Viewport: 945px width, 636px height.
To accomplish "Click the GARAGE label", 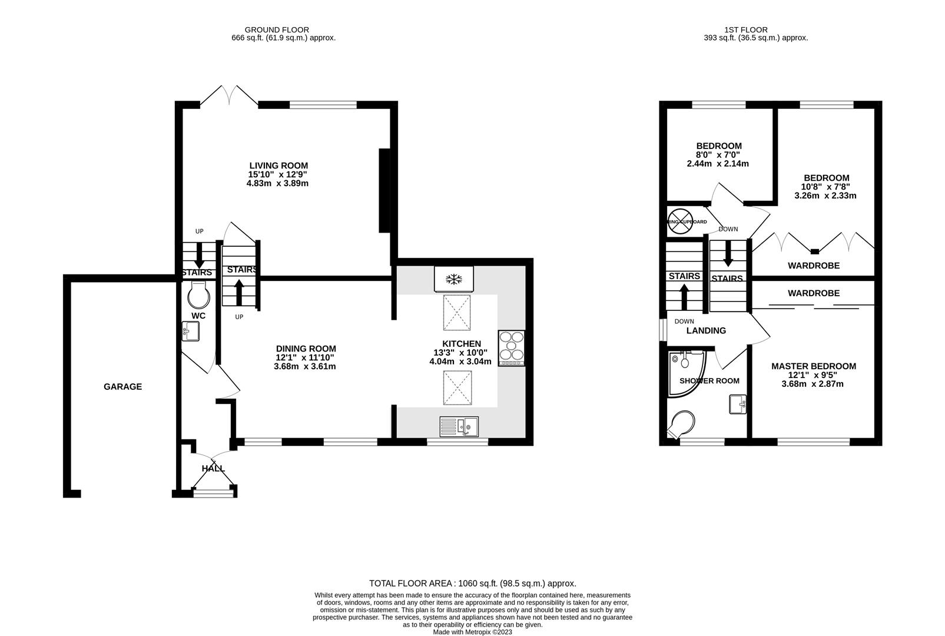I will click(x=122, y=387).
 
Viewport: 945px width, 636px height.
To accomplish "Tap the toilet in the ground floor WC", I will click(x=198, y=294).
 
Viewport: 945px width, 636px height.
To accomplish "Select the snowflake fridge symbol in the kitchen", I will click(x=454, y=279).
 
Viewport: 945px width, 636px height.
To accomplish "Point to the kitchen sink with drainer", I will click(x=460, y=425).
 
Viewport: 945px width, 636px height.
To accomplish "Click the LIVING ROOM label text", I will click(x=278, y=166).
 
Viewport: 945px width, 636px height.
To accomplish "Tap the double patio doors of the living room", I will click(x=228, y=95).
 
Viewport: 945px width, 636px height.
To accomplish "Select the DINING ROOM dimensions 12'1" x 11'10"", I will click(x=305, y=357).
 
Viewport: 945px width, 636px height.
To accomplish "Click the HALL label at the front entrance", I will click(x=213, y=469).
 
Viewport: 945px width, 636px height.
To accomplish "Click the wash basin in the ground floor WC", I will click(x=191, y=331).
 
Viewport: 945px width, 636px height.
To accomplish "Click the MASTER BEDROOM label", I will click(x=813, y=366).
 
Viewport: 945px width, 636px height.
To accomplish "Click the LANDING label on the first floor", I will click(x=706, y=331).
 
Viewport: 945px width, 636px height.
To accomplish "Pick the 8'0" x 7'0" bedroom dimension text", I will click(x=718, y=155).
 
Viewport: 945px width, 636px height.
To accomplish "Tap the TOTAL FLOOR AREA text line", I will click(x=472, y=584).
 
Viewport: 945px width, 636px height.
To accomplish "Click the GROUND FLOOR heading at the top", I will click(x=276, y=29).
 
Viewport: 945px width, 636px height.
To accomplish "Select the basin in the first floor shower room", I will click(x=737, y=405).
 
